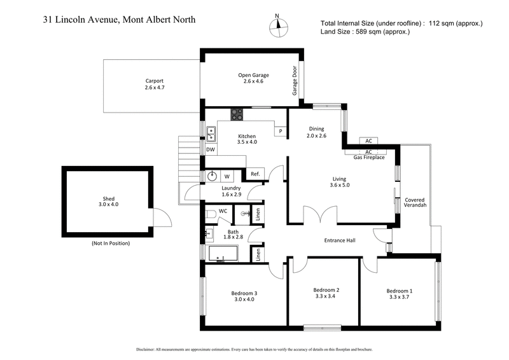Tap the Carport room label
[155, 81]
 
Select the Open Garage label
[249, 74]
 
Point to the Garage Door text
[295, 81]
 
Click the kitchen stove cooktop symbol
[236, 115]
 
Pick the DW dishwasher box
[210, 149]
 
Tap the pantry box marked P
[279, 131]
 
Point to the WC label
[223, 211]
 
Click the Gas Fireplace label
[369, 157]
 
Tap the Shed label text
[108, 198]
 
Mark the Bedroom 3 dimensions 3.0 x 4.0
[244, 299]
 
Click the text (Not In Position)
[110, 244]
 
